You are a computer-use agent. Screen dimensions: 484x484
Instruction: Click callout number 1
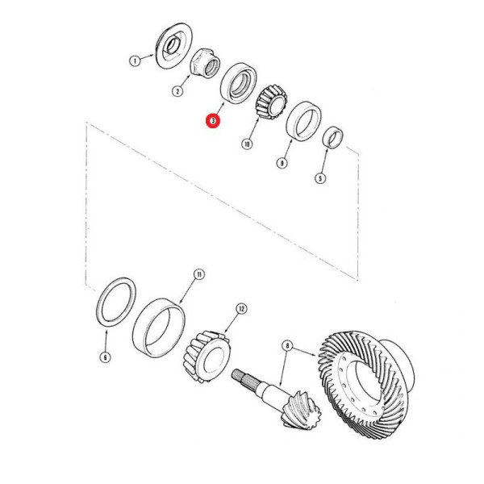tap(136, 60)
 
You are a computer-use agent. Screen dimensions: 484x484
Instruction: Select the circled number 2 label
tap(177, 92)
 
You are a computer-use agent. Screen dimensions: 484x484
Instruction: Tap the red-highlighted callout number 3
tap(212, 122)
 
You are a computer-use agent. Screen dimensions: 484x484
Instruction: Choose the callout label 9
tap(282, 163)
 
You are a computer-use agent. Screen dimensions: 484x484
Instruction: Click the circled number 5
tap(320, 179)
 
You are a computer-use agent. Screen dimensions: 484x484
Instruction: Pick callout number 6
tap(105, 356)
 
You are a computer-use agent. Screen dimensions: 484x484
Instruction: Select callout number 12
tap(240, 308)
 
